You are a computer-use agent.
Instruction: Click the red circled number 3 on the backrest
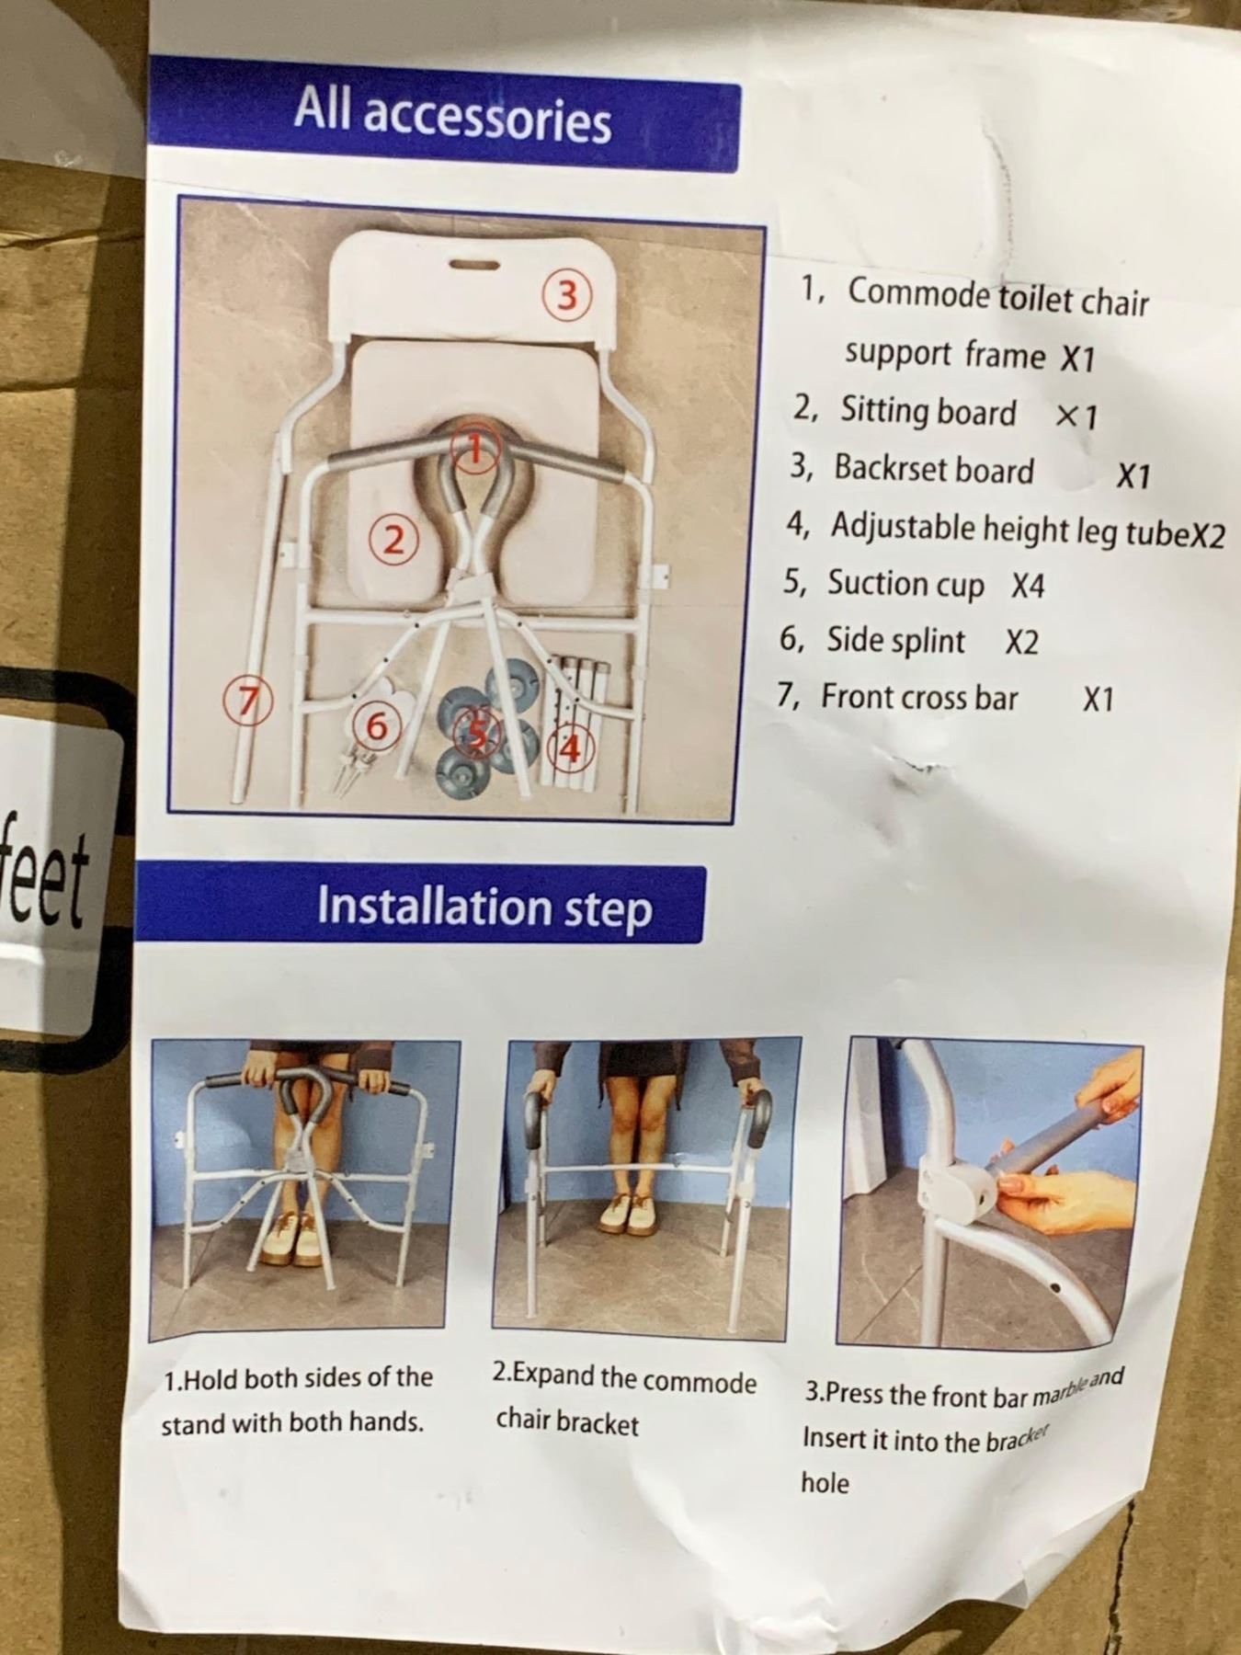567,295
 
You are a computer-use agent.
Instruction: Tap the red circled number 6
376,726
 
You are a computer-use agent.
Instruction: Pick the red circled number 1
474,449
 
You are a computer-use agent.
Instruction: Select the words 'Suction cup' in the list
905,585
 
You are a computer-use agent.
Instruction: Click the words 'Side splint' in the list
895,640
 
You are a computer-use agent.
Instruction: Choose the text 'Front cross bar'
919,697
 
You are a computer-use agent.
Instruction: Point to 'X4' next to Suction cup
1028,587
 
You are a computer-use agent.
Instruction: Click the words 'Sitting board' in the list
928,411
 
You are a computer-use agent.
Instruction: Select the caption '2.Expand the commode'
624,1378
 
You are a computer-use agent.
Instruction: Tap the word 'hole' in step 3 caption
825,1482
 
